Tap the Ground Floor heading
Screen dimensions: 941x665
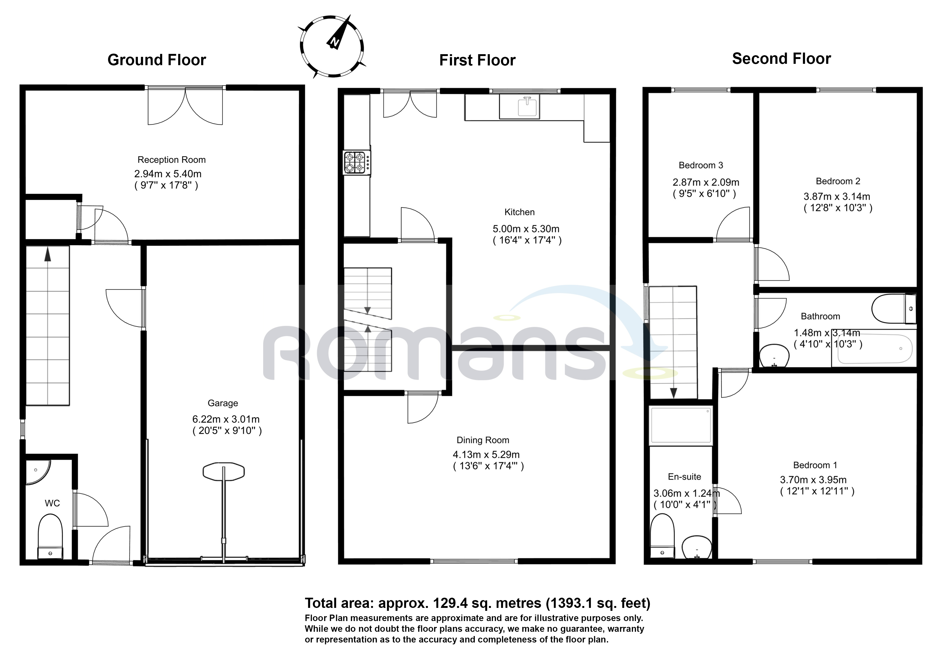(x=157, y=60)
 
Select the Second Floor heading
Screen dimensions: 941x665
(x=782, y=59)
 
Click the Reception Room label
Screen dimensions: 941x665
(x=171, y=160)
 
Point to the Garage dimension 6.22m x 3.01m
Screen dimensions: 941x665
(x=226, y=419)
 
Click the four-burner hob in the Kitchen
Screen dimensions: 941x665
(x=356, y=162)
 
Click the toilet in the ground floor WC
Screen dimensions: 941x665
(x=50, y=536)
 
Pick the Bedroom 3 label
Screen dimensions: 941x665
(x=701, y=165)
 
